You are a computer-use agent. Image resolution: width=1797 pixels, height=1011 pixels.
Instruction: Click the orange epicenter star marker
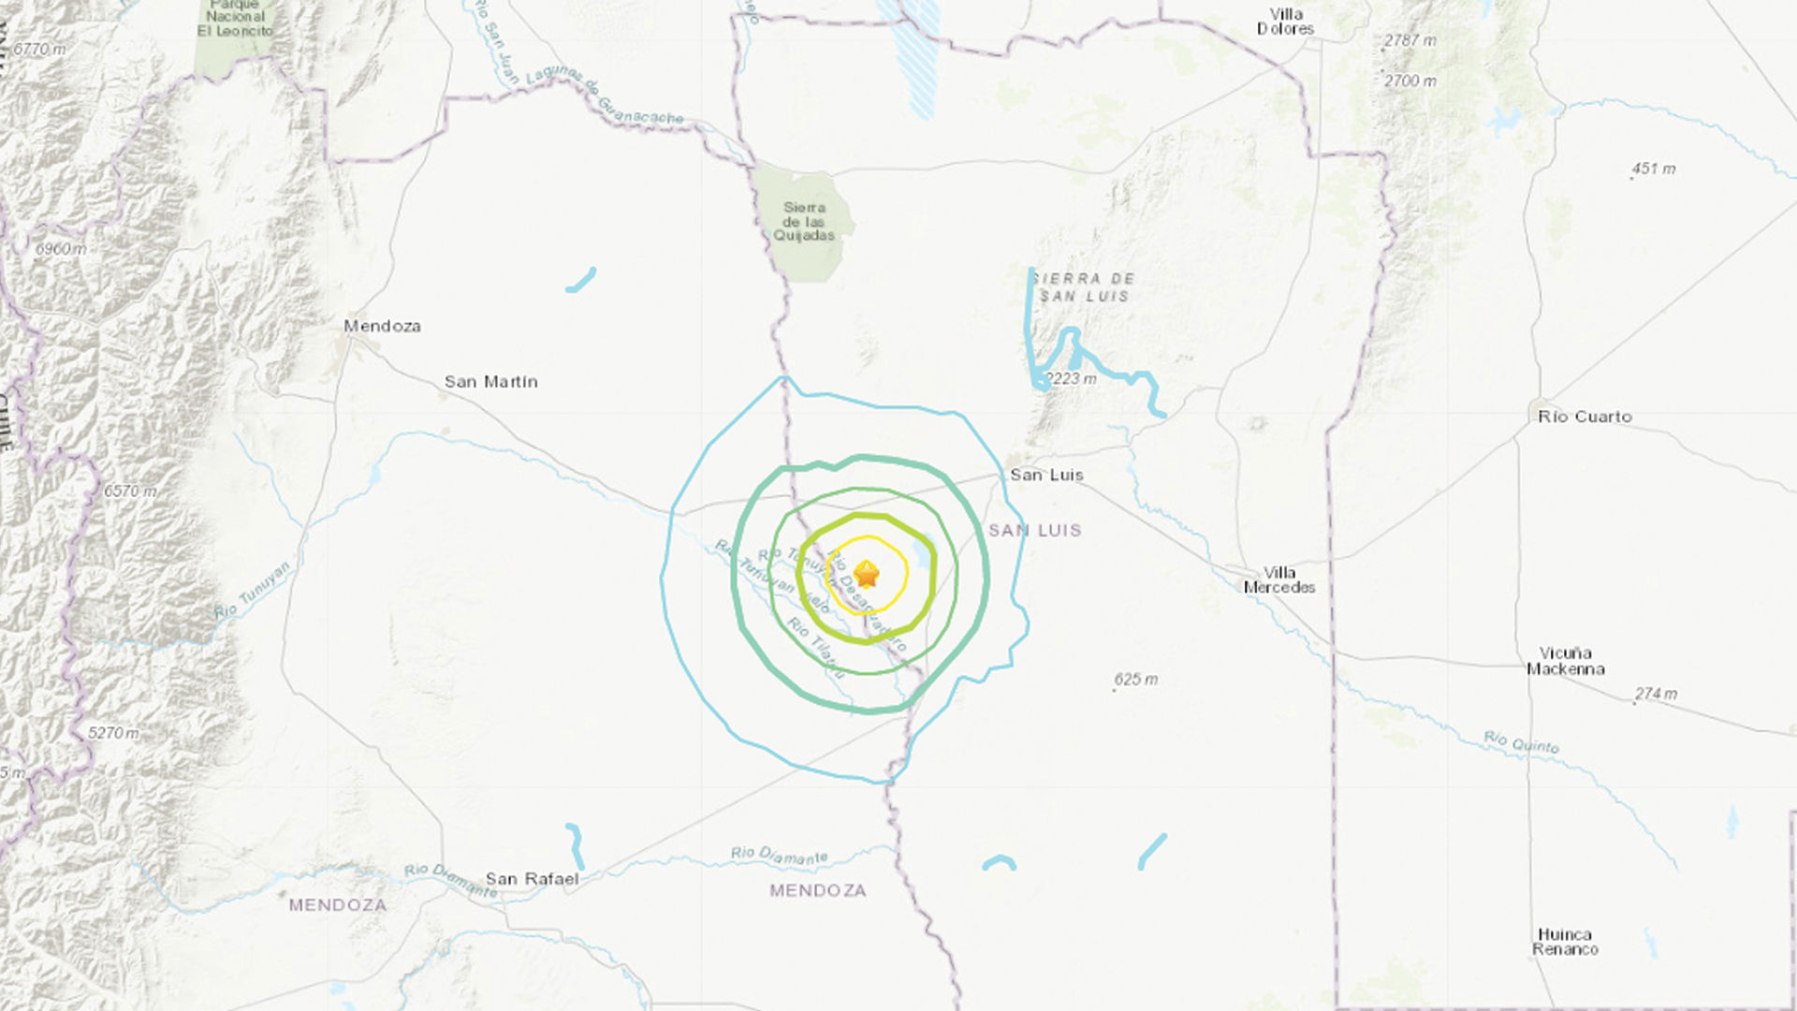[x=867, y=574]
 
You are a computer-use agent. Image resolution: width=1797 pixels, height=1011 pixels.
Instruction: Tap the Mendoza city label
[x=382, y=326]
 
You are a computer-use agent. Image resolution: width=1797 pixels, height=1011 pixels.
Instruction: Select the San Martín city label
[x=490, y=382]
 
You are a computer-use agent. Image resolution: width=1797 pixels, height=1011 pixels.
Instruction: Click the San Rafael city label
[x=532, y=879]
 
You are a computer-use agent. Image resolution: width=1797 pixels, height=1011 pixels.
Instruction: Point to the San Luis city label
[x=1046, y=475]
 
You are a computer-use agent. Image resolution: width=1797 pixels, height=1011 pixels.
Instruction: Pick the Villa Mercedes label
[x=1279, y=580]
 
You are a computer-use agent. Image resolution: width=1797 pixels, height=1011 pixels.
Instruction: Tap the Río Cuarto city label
[x=1585, y=417]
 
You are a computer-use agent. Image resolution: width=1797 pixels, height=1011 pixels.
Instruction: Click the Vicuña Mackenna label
[x=1566, y=661]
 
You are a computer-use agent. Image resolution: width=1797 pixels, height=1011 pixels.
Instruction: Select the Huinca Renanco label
[x=1565, y=942]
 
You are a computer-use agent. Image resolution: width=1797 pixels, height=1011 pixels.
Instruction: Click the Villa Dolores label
[x=1286, y=22]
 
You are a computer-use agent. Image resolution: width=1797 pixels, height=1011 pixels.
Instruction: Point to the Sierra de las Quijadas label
[x=804, y=222]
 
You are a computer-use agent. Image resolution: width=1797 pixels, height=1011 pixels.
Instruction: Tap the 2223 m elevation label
[x=1072, y=379]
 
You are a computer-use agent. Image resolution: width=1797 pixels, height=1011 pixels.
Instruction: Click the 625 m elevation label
[x=1136, y=680]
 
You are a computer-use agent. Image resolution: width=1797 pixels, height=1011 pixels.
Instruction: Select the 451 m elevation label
[x=1654, y=169]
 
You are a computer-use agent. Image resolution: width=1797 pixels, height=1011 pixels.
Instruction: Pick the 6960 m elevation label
[x=61, y=249]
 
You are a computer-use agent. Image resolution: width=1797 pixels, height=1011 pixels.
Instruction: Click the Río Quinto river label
[x=1522, y=743]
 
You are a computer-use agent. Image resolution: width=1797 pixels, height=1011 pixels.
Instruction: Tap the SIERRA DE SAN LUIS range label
[x=1084, y=287]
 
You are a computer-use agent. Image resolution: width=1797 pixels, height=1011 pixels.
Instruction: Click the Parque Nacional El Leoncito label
[x=235, y=18]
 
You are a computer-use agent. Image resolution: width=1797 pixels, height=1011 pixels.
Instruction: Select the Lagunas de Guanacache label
[x=604, y=96]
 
